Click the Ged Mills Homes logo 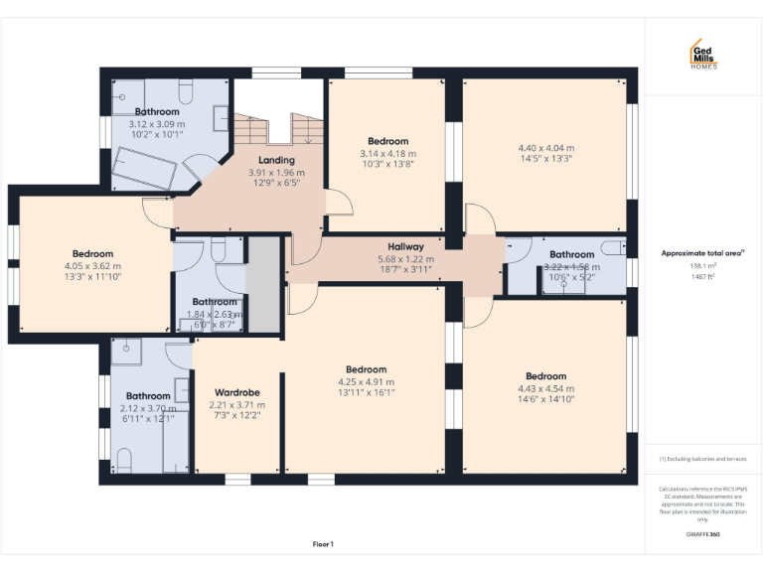click(703, 55)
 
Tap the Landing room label click(276, 160)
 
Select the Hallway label click(405, 246)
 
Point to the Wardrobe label click(236, 392)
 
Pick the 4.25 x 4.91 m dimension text click(366, 381)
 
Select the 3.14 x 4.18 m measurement click(387, 153)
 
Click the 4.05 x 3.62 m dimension click(92, 266)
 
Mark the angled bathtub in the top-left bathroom click(144, 168)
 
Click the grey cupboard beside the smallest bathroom click(262, 284)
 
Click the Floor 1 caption click(323, 543)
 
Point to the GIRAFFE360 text click(702, 534)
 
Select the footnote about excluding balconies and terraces click(702, 459)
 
